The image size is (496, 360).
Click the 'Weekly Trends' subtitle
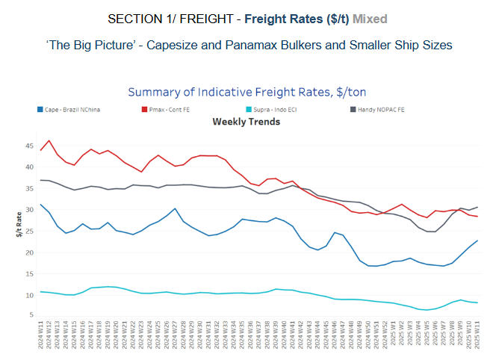pos(246,121)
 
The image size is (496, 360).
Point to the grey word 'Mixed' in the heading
pos(370,17)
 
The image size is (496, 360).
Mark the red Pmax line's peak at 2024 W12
pos(49,140)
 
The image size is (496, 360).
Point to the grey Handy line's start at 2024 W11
pos(40,180)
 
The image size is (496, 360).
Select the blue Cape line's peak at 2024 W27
pos(175,208)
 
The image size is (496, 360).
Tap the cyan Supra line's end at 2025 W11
pos(477,302)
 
